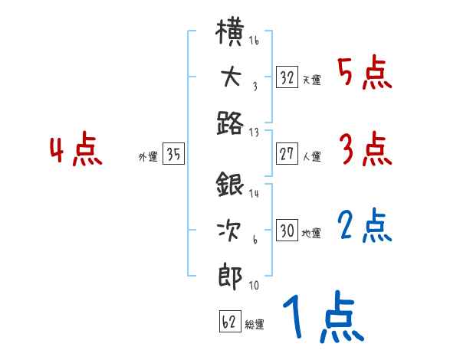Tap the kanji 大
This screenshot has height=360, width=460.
pos(232,79)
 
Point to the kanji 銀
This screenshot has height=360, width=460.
pos(231,187)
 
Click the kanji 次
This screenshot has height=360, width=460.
pos(231,231)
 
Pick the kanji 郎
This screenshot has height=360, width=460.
pos(231,273)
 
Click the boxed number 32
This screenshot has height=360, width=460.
pos(287,77)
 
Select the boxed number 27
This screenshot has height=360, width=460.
pos(287,154)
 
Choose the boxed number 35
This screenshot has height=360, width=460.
pos(173,155)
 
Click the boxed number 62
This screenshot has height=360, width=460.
pos(229,322)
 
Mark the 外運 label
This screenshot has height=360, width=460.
pos(148,157)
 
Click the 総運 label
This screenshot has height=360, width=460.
pos(254,325)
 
